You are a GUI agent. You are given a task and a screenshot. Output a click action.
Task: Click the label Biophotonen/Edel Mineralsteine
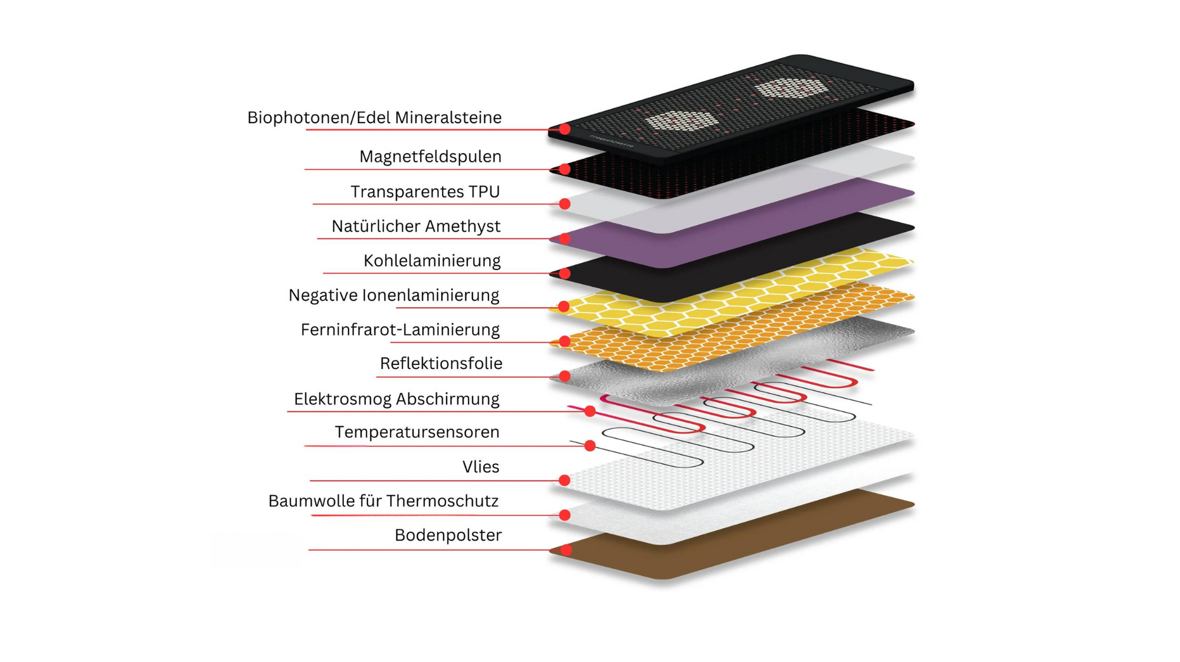[x=374, y=118]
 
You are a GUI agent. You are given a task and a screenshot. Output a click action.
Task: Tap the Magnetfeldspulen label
[x=430, y=157]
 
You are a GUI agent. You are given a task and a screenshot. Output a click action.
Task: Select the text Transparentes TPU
[x=425, y=192]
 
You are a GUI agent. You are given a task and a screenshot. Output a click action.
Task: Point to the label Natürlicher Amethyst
[x=416, y=226]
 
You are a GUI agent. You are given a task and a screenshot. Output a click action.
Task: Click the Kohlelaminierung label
[x=432, y=261]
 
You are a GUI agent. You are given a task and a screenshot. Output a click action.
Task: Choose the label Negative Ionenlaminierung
[x=394, y=295]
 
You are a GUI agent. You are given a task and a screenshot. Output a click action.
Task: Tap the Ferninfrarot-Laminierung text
[x=400, y=330]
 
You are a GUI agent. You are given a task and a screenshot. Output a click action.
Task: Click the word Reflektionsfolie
[x=441, y=364]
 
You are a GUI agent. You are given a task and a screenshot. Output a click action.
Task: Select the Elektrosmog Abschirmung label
[x=396, y=399]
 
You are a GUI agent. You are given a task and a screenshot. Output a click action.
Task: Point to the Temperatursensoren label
[x=417, y=432]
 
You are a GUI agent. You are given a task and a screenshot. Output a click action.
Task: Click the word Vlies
[x=480, y=467]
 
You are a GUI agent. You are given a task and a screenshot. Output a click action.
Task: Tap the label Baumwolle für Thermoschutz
[x=383, y=501]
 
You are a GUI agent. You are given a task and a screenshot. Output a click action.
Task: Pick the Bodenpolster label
[x=448, y=535]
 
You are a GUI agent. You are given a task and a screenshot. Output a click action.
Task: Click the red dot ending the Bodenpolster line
[x=565, y=550]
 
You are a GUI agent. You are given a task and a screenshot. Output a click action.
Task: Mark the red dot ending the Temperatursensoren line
[x=589, y=446]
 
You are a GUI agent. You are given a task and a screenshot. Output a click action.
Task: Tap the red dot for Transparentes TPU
[x=565, y=204]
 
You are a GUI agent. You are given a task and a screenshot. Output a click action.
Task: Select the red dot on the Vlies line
[x=565, y=480]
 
